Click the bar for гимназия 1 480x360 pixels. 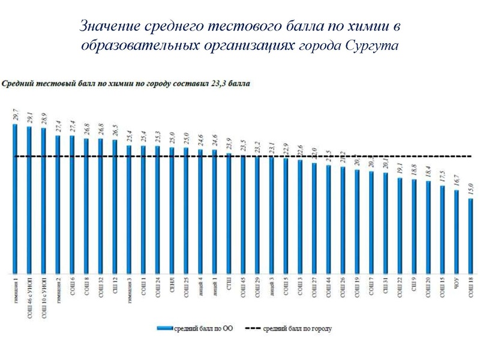coord(14,198)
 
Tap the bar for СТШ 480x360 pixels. coord(229,213)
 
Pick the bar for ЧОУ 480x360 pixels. coord(457,231)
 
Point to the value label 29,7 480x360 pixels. coord(15,115)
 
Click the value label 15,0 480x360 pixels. coord(471,188)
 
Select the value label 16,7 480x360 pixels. coord(457,180)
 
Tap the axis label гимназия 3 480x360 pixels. coord(129,289)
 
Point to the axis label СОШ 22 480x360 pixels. coord(400,287)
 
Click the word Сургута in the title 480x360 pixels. coord(371,46)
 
